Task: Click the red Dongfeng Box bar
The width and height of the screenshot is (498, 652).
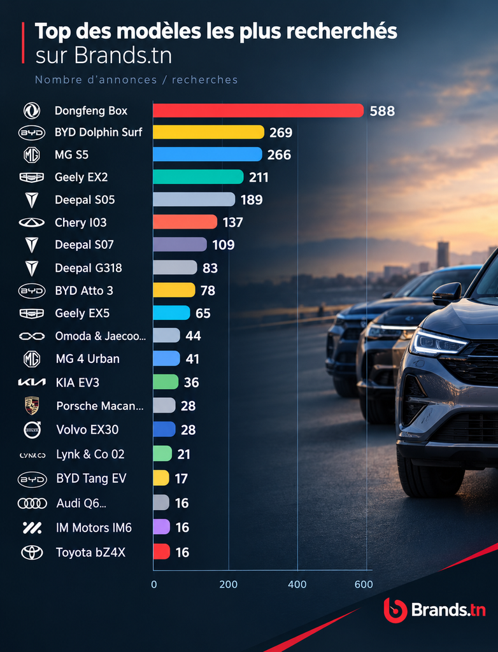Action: tap(258, 111)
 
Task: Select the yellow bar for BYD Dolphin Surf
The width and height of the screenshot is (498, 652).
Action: tap(208, 132)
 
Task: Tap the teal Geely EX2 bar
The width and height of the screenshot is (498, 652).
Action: tap(198, 177)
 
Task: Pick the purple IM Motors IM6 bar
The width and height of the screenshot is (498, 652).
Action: tap(161, 527)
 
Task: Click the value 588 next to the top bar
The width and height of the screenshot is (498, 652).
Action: tap(382, 111)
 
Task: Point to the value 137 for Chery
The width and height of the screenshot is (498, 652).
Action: tap(232, 222)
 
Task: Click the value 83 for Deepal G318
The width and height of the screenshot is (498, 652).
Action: tap(210, 268)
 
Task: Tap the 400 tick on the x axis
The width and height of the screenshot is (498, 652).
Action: tap(297, 585)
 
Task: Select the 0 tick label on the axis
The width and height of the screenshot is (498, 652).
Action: tap(154, 585)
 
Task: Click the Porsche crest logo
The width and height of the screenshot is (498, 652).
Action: tap(32, 406)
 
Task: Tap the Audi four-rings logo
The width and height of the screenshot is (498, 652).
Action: tap(32, 504)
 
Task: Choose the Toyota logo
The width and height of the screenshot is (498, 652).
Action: tap(32, 553)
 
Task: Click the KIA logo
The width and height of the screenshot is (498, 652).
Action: tap(32, 383)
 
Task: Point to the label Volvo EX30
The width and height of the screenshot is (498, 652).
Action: tap(87, 430)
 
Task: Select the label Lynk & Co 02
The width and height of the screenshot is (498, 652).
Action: tap(90, 454)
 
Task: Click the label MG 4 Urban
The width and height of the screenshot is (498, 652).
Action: tap(87, 358)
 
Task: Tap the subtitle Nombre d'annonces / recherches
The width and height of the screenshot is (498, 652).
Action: tap(136, 80)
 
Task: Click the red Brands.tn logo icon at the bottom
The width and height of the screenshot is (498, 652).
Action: tap(395, 610)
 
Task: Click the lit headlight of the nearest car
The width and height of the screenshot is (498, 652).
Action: tap(439, 343)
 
